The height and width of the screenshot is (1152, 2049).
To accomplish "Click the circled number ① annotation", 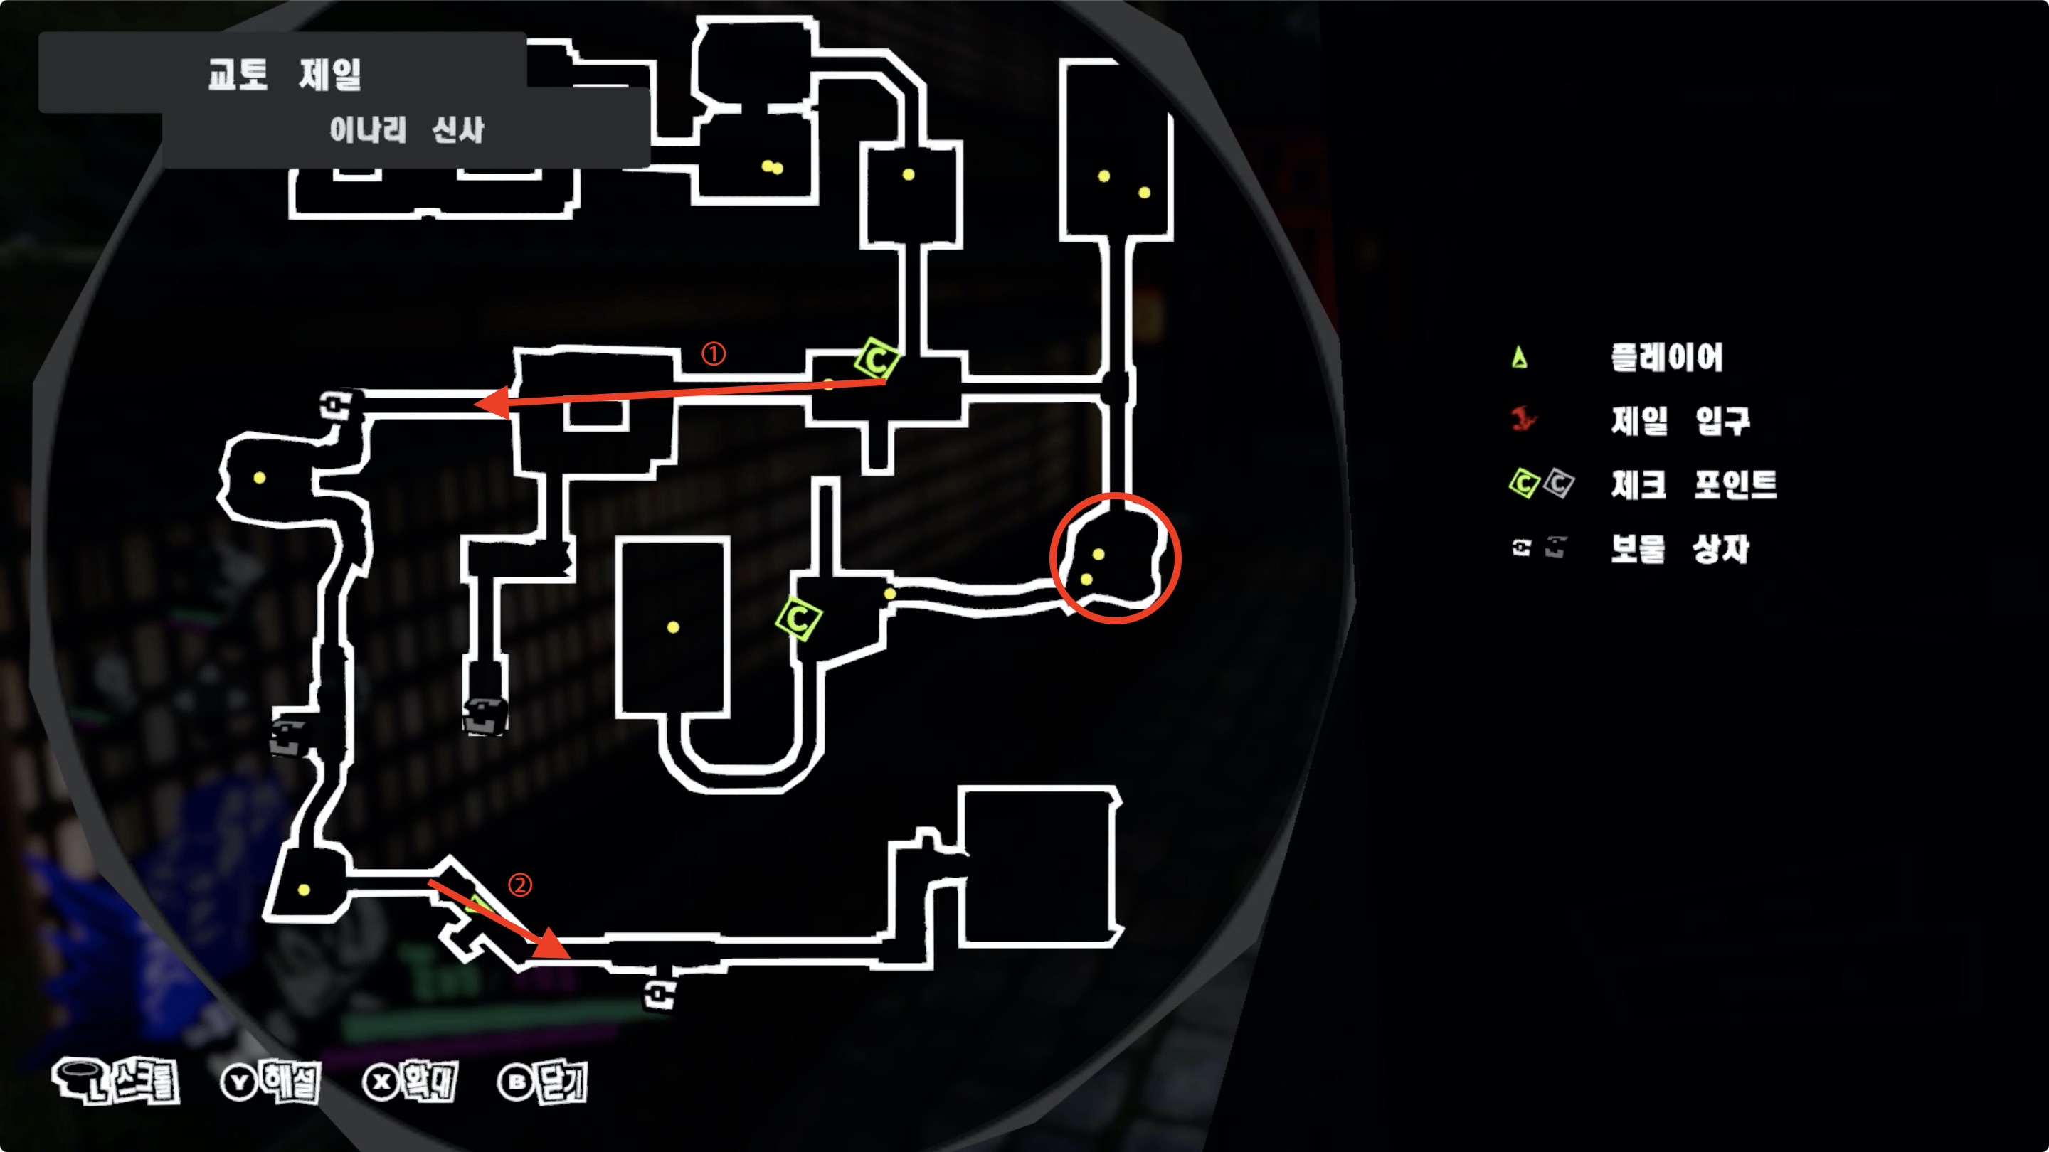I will tap(713, 354).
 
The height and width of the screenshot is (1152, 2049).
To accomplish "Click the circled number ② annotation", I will tap(519, 885).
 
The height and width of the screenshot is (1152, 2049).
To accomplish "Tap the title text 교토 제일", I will tap(284, 75).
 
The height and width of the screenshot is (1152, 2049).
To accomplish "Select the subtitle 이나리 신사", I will tap(406, 129).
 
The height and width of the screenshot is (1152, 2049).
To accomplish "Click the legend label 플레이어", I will tap(1666, 358).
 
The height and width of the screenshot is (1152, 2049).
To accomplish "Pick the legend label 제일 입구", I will tap(1680, 420).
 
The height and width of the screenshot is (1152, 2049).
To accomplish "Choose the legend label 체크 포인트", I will tap(1693, 484).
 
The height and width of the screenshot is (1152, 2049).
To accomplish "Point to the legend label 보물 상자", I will tap(1679, 548).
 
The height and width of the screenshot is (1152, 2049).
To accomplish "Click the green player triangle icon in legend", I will tap(1519, 358).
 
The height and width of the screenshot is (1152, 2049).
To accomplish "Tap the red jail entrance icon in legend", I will tap(1523, 419).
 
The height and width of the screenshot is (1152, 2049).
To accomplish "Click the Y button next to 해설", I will tap(238, 1082).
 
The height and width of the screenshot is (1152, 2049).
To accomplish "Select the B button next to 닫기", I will tap(515, 1082).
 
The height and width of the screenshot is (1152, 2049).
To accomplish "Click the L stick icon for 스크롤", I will tap(80, 1079).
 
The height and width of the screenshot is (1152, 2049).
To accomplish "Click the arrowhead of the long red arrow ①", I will tap(490, 402).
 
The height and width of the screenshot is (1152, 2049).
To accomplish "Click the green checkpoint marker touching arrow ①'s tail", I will tap(877, 359).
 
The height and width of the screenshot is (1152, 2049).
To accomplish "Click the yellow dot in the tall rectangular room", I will tap(673, 627).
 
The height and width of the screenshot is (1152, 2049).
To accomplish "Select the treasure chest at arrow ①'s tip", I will tap(338, 405).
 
